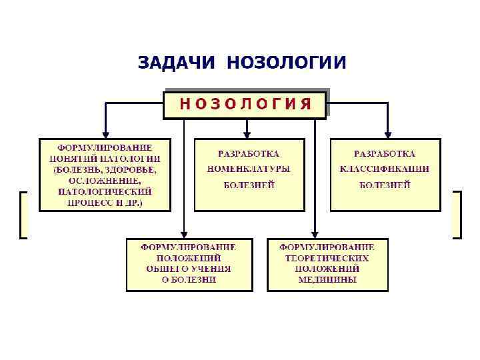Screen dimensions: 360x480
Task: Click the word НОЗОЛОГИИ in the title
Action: point(287,63)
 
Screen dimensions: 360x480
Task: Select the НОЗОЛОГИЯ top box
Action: point(245,104)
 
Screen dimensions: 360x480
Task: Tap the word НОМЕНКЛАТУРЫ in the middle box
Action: point(249,169)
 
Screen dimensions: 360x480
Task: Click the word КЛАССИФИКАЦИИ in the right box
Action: point(385,169)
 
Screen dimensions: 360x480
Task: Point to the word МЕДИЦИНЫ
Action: point(327,280)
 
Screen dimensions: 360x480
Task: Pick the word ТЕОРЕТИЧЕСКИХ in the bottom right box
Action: point(327,257)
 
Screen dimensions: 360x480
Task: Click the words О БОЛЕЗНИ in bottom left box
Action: point(189,280)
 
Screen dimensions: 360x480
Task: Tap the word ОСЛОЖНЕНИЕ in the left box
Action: point(105,181)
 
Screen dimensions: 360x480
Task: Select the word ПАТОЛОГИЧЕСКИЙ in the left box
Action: point(104,191)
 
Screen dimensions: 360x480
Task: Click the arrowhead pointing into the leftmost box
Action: point(105,134)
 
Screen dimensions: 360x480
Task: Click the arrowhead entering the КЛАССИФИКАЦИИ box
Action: point(387,134)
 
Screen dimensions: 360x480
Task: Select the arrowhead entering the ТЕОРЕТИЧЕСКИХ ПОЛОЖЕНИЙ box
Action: point(315,234)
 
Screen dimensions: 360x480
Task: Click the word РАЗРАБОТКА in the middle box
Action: point(249,154)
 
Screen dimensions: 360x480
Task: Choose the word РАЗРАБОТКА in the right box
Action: point(385,154)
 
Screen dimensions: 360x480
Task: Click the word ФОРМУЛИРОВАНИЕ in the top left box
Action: point(105,147)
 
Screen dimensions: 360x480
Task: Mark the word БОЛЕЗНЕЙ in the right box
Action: point(385,185)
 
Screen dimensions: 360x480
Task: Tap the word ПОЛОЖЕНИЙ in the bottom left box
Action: point(189,257)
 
